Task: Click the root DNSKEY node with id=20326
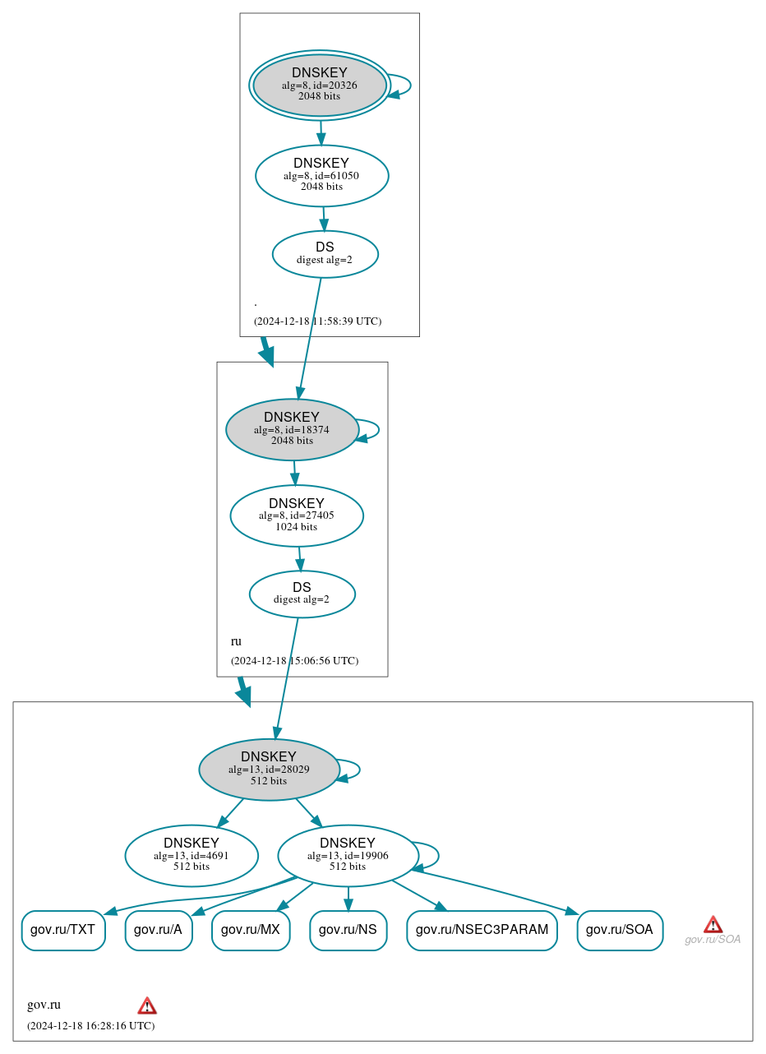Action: [x=320, y=86]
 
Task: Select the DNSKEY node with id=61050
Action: [x=321, y=175]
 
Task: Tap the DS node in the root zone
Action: [x=325, y=254]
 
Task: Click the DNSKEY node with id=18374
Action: [x=292, y=429]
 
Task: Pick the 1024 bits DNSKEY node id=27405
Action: [x=296, y=515]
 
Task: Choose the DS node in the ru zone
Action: [x=302, y=594]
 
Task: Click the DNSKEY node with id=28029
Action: [x=269, y=770]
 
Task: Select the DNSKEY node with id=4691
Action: [x=191, y=856]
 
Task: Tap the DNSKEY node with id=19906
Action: [x=348, y=856]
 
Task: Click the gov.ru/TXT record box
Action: [x=62, y=931]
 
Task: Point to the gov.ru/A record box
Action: [x=158, y=931]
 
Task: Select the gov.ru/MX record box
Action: [x=251, y=931]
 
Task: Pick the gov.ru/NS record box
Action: [x=348, y=931]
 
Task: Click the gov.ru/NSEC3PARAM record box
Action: [x=482, y=931]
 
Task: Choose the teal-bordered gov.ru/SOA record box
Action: [x=620, y=931]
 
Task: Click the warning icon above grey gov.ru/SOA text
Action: [x=713, y=924]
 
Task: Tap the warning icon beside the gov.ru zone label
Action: [x=147, y=1005]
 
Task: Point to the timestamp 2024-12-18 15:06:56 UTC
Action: [x=294, y=661]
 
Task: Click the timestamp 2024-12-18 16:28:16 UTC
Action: [x=90, y=1026]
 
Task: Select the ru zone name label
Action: [x=236, y=641]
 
